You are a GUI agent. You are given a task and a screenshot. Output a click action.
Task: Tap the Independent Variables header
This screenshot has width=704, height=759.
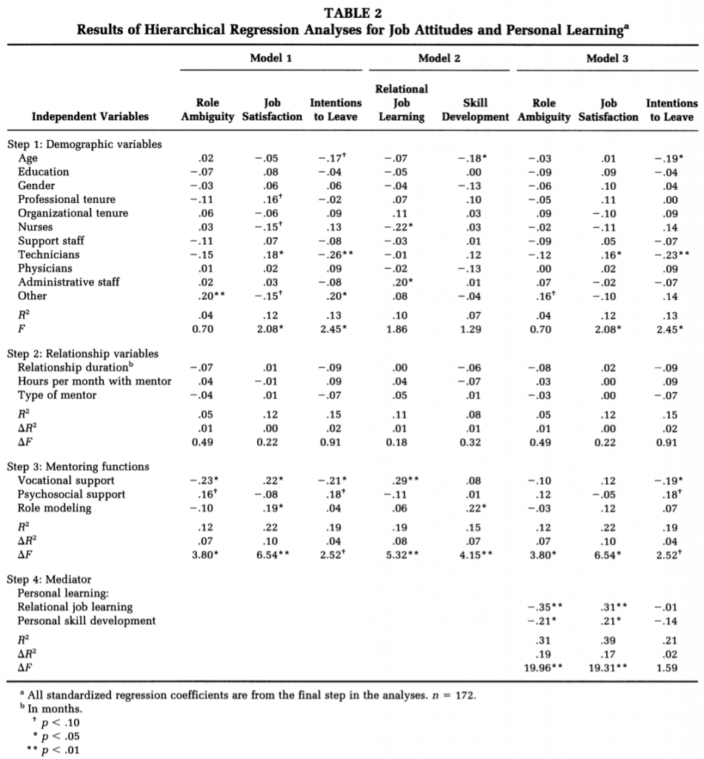[90, 116]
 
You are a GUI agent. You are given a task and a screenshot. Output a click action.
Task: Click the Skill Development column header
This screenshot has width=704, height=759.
[474, 110]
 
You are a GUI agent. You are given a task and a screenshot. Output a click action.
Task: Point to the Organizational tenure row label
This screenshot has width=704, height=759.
[73, 213]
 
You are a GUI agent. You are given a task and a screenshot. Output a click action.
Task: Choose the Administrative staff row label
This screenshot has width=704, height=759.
[68, 282]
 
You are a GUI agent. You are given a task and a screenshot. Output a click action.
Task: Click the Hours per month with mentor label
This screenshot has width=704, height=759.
[94, 381]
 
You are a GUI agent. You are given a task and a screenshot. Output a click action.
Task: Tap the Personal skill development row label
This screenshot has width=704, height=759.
[87, 620]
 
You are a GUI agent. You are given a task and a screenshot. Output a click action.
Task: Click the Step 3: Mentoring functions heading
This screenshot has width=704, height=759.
[78, 466]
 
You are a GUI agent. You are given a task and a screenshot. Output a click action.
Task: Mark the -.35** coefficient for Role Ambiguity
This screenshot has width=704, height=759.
[547, 607]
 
